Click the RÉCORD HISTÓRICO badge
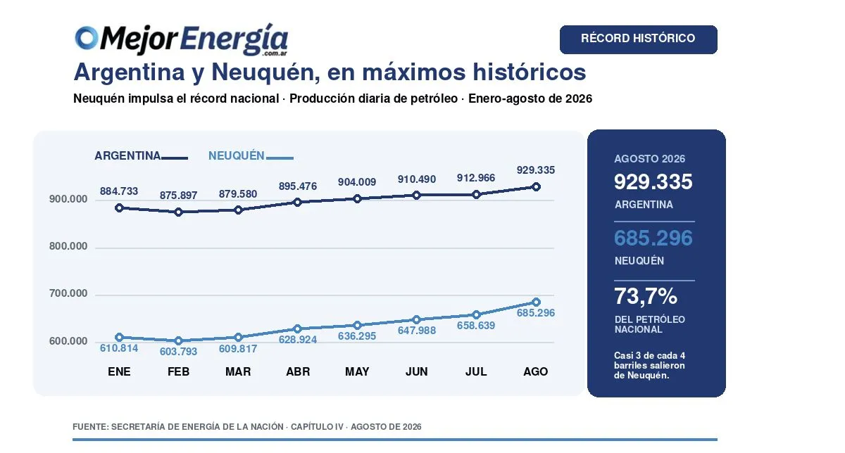(x=638, y=39)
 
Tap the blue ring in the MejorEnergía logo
(x=87, y=38)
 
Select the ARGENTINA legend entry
(x=141, y=155)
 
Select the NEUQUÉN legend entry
(x=251, y=155)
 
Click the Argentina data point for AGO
(x=536, y=186)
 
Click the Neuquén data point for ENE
(x=119, y=337)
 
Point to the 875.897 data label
(x=178, y=196)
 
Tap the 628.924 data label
(x=298, y=340)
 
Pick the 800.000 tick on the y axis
(x=68, y=246)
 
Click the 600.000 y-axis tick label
(x=68, y=341)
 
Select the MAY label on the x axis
(x=357, y=371)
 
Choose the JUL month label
(x=476, y=371)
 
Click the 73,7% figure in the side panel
(x=646, y=296)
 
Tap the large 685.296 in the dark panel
(x=653, y=238)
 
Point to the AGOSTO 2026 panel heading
(x=649, y=159)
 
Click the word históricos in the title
(x=530, y=72)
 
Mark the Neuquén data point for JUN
(x=416, y=319)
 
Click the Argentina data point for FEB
(x=179, y=212)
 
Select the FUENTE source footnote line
(x=247, y=426)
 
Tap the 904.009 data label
(x=357, y=182)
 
